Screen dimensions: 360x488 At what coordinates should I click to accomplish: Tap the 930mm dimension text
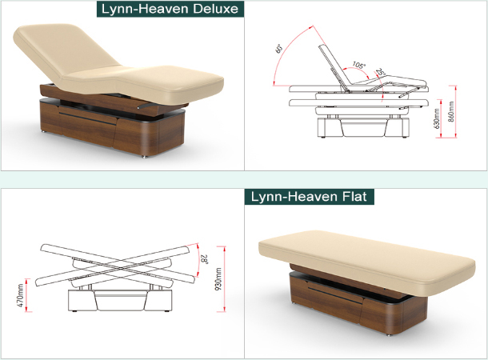coord(218,278)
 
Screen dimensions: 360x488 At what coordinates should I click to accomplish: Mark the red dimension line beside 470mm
coord(28,294)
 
